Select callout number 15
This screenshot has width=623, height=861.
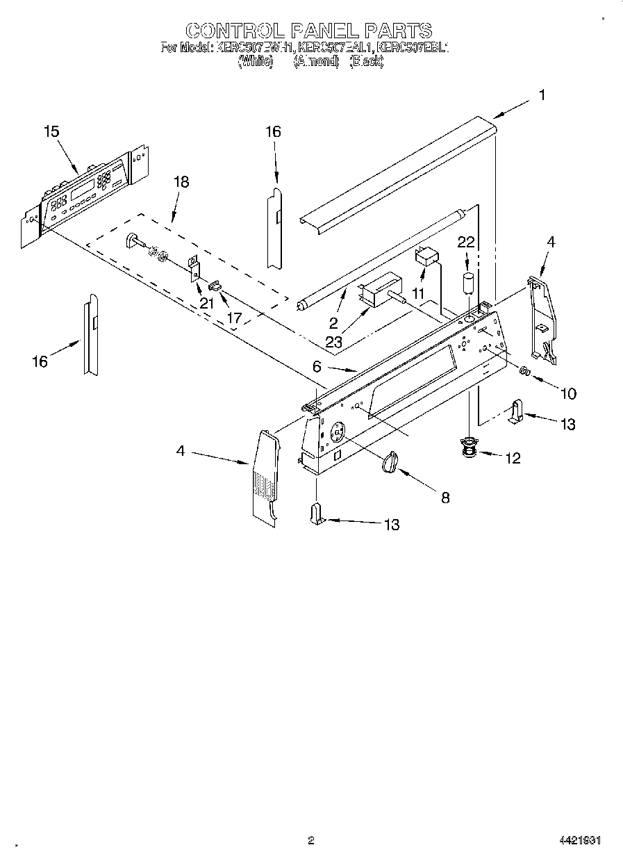(51, 131)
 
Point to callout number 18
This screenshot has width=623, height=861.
(181, 182)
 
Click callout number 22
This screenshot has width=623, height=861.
(466, 241)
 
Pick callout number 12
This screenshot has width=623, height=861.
(513, 458)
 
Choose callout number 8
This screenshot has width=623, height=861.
(445, 497)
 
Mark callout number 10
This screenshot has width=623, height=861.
(567, 393)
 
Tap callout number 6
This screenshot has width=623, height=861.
(317, 366)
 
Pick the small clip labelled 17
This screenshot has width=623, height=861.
(215, 285)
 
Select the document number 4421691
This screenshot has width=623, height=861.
(580, 840)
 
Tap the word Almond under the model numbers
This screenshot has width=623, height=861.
(315, 61)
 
